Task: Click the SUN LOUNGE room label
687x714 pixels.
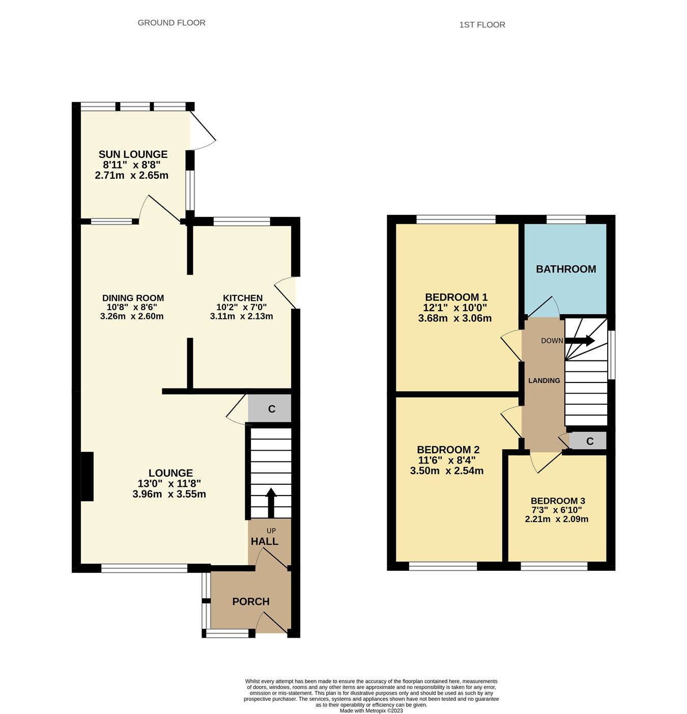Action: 133,154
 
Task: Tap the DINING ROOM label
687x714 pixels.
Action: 133,298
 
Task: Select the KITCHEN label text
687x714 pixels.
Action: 243,298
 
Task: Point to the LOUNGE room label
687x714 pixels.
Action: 170,473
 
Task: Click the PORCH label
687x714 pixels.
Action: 251,601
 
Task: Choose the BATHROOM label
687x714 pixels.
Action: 566,269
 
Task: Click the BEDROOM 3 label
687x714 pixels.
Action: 558,501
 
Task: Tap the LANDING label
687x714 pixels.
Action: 544,380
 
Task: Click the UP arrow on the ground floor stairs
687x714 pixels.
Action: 271,502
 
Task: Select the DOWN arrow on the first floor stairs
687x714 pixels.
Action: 580,341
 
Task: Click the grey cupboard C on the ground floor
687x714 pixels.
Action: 271,408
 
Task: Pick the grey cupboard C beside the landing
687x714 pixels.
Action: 589,441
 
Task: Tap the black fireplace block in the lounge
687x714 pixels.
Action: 87,476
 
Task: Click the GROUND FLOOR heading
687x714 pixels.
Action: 171,23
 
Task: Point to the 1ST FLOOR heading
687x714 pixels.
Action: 482,25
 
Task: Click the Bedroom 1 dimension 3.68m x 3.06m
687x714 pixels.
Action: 455,318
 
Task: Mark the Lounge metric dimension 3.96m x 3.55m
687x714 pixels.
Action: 169,494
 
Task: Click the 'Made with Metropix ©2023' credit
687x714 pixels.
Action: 371,710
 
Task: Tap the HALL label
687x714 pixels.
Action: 264,541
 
